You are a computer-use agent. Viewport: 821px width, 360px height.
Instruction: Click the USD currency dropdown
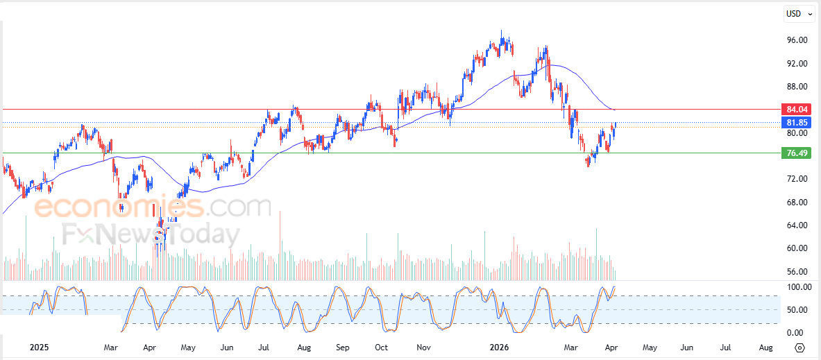pos(797,13)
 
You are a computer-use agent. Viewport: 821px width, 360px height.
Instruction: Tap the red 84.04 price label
pos(795,110)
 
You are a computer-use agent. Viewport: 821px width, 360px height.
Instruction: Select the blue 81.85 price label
pos(795,123)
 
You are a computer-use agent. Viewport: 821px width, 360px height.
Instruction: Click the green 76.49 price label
pos(795,153)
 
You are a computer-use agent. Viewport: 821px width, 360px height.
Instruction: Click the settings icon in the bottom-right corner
pos(799,348)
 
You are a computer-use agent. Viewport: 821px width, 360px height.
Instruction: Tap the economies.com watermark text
pos(152,207)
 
